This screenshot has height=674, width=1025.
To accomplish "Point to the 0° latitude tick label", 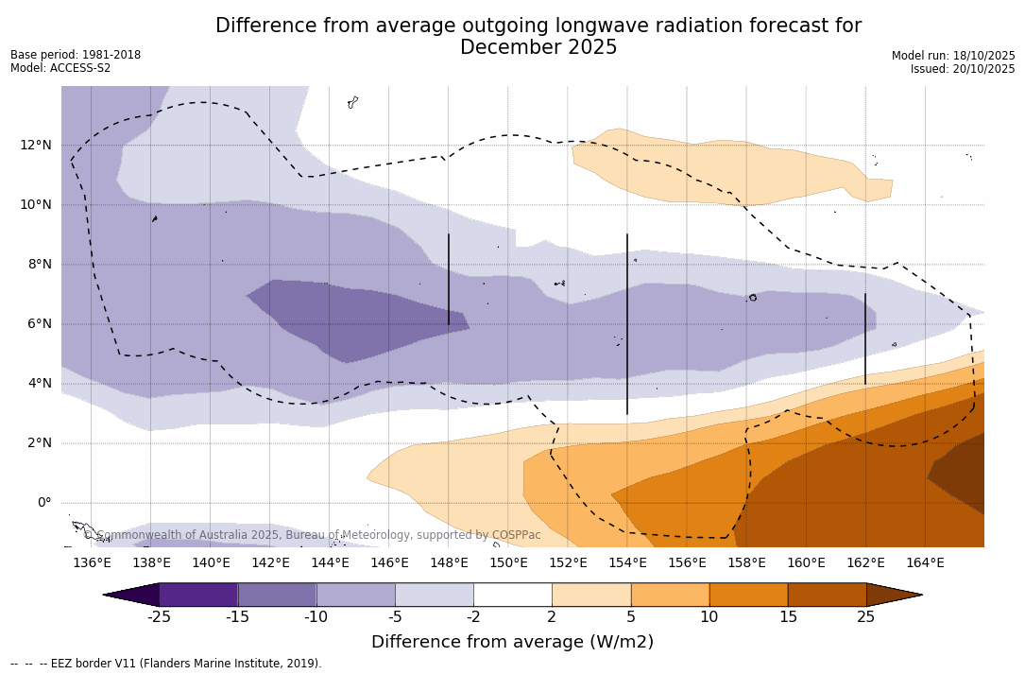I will (x=44, y=503).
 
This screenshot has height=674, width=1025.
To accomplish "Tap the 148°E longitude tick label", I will (x=449, y=563).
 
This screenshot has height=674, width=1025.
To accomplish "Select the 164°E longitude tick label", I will (x=925, y=563).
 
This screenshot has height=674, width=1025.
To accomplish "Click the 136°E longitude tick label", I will (x=92, y=563).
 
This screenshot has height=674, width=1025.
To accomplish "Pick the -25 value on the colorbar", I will (x=159, y=617).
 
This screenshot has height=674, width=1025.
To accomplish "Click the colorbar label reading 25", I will (x=865, y=617).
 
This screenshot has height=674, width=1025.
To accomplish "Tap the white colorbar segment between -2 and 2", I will (x=513, y=595).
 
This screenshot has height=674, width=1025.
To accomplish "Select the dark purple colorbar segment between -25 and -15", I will (x=198, y=595).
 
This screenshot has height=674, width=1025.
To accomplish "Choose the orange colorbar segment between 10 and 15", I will (x=748, y=595).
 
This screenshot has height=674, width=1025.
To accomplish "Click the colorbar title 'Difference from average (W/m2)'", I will (x=512, y=642).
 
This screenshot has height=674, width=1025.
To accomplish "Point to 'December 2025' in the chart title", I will (x=538, y=47).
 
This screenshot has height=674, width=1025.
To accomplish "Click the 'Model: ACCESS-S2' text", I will (x=60, y=68).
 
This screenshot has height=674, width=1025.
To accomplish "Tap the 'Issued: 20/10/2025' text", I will (x=963, y=69).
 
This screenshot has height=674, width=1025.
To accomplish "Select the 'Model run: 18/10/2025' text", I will (x=953, y=56).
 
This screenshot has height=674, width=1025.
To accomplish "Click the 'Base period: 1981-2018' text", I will (x=76, y=55).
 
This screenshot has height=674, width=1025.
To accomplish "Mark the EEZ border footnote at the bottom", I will (x=166, y=664).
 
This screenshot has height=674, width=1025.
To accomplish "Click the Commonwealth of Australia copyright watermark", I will (x=313, y=535).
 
